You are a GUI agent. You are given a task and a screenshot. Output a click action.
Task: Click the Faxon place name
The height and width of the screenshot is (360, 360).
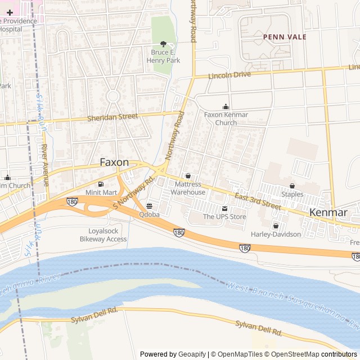point(114,162)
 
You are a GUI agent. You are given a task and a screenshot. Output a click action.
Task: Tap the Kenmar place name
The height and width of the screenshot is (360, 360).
point(328,212)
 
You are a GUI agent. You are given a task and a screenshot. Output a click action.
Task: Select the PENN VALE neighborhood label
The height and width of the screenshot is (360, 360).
point(285,37)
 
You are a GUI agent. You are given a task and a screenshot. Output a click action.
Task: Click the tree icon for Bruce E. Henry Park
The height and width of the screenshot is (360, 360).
point(164,44)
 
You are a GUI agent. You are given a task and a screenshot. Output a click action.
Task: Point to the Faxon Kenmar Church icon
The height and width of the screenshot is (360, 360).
point(226,106)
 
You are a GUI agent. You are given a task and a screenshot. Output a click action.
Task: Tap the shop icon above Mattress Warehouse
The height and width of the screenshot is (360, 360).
point(188,175)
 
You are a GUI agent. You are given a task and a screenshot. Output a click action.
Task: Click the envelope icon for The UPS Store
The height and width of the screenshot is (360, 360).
point(224,209)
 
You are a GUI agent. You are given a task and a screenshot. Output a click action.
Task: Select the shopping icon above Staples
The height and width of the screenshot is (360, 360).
point(292,186)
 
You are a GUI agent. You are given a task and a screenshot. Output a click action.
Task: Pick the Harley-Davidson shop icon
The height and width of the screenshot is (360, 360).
point(276,226)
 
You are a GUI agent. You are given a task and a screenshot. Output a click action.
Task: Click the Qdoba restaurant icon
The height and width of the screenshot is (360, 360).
point(149,206)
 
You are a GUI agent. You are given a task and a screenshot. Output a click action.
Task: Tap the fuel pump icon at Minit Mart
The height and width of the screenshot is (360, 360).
point(101,184)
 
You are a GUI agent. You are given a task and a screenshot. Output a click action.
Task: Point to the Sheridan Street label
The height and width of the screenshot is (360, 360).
point(112,117)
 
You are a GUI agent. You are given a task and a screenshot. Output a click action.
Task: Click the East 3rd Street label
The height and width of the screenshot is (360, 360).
point(258,201)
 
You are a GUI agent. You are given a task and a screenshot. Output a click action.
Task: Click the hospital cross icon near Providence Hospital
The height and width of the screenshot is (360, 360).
point(10,12)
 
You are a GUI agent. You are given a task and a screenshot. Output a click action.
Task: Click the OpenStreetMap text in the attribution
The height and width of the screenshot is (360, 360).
point(292,354)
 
